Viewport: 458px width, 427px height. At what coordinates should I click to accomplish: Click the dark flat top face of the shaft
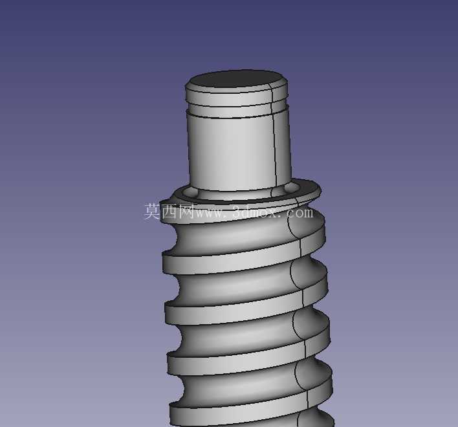click(x=236, y=79)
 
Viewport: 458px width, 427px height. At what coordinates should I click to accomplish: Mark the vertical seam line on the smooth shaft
click(x=274, y=137)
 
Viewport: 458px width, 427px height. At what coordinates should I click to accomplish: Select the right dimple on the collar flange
click(x=290, y=187)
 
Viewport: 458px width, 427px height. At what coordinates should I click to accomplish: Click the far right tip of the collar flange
click(x=322, y=190)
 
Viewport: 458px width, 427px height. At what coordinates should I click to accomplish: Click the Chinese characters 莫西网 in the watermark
click(x=169, y=211)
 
